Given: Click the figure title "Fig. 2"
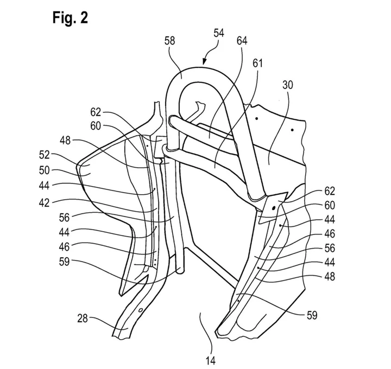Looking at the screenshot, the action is coord(70,18).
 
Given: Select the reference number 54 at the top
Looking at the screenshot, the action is coord(219,33).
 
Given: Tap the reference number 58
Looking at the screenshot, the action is coord(169,41).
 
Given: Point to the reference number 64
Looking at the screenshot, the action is coord(242,41).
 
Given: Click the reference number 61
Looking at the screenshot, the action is coord(258,63).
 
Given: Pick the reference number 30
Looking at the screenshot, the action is coord(287,85).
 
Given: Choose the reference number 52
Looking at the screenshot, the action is coord(45,155).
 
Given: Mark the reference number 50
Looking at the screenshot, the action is coord(45,171).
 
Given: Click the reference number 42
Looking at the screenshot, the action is coord(45,203).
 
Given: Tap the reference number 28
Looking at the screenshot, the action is coord(83,319).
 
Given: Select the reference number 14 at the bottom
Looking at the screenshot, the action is coord(211,360).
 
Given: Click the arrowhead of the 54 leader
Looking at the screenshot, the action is coord(205,62).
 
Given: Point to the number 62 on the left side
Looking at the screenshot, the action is coord(96,112).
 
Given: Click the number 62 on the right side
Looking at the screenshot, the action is coord(330,192).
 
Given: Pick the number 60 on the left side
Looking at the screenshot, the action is coord(96,126).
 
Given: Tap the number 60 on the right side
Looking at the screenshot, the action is coord(330,206).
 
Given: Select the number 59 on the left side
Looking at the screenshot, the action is coord(64,262).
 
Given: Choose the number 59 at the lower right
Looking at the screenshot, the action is coord(312,315).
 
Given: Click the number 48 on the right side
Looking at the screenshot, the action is coord(330,277).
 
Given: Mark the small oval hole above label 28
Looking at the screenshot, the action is coord(141,310).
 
